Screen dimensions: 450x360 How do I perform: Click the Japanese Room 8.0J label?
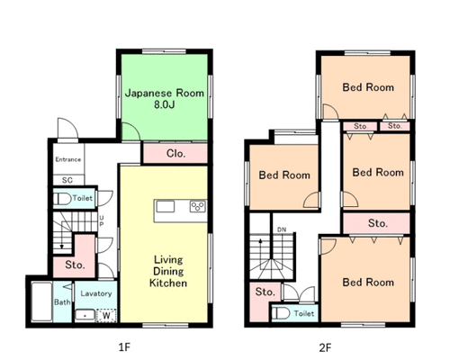pos(165,98)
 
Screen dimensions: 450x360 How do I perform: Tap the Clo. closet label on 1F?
pos(175,154)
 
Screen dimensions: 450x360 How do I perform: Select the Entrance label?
pos(68,159)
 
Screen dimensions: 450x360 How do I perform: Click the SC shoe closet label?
pos(67,180)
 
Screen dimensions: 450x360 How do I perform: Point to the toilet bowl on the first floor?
pos(62,199)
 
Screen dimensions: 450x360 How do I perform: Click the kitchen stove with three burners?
pos(198,206)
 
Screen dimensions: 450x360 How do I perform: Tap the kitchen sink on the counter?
pos(166,207)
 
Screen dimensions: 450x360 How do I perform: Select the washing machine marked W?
pos(106,316)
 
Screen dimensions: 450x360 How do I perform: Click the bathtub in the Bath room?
pos(41,301)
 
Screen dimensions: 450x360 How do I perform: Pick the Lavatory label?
pos(96,293)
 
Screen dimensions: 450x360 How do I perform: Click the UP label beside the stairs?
pos(102,220)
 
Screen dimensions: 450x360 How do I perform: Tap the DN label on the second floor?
pos(282,229)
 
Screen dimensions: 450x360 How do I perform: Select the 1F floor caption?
pos(124,347)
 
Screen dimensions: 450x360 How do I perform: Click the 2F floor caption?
pos(325,347)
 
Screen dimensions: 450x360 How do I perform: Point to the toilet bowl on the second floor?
pos(281,313)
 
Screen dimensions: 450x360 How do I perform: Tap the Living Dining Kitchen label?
pos(168,271)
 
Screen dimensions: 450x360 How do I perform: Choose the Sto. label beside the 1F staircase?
pos(75,265)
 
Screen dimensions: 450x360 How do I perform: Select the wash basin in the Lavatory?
pos(85,316)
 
